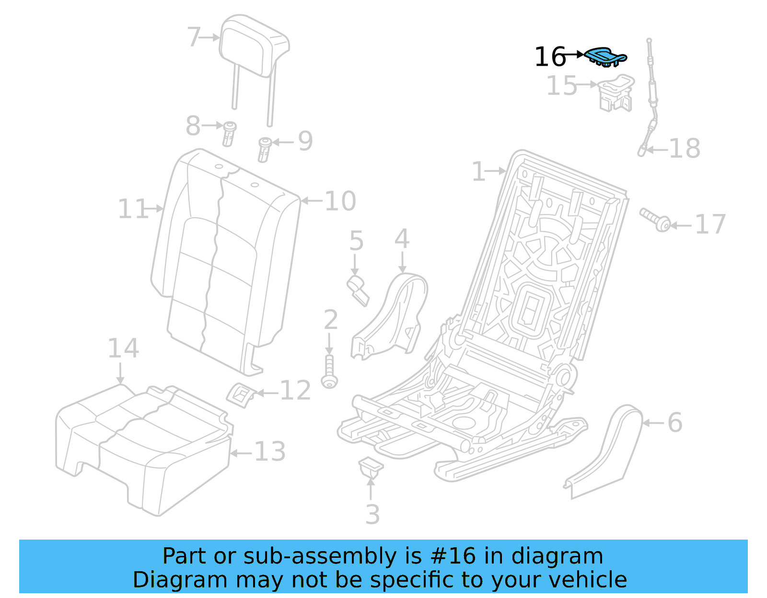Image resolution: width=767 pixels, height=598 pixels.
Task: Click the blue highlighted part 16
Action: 605,56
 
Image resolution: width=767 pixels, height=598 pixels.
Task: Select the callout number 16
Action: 550,57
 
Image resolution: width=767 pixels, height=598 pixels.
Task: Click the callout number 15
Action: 562,86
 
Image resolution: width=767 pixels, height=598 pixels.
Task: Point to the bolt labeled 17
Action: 656,220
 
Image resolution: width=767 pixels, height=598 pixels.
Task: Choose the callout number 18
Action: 685,148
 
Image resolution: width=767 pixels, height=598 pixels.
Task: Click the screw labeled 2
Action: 329,372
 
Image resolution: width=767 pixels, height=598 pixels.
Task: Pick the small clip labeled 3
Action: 371,467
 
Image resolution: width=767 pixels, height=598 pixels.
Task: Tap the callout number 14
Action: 123,348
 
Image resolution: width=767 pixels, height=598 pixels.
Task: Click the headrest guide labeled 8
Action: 229,134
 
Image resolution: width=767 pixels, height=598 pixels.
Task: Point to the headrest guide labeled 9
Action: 264,148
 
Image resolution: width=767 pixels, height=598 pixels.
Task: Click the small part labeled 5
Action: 358,289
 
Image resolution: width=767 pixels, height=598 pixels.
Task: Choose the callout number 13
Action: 269,451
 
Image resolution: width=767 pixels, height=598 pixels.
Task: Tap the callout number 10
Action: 340,201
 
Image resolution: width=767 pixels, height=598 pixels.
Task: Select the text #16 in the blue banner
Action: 453,556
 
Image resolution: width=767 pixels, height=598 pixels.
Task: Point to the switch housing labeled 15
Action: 616,93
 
